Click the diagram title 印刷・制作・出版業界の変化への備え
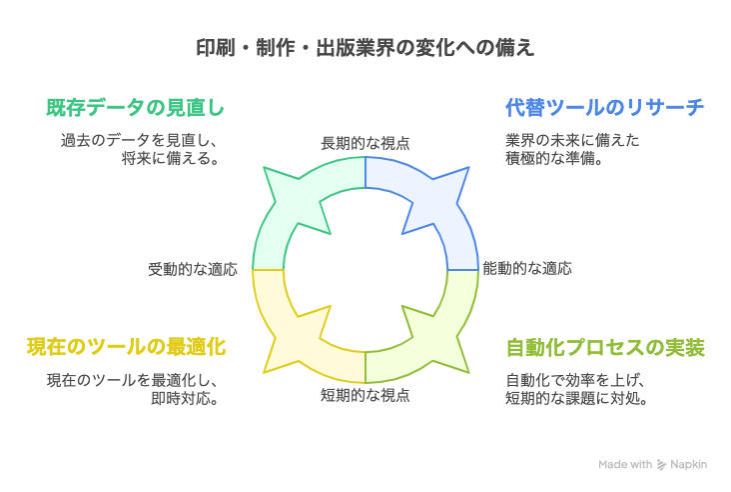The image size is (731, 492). (x=365, y=48)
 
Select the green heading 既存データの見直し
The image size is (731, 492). (x=135, y=107)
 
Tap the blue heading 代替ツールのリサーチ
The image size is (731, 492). (x=604, y=107)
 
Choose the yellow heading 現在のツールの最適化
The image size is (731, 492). (x=127, y=347)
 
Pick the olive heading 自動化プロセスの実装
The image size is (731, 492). (x=605, y=348)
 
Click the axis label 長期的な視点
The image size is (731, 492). (x=365, y=143)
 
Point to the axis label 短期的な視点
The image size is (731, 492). (x=365, y=395)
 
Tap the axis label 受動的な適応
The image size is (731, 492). (x=193, y=269)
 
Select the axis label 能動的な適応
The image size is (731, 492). (x=527, y=268)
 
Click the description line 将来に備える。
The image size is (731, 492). (x=171, y=158)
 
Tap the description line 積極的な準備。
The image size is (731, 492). (x=555, y=158)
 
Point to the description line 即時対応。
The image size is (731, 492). (x=185, y=398)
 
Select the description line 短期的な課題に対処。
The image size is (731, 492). (x=576, y=398)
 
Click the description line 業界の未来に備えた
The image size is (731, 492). (x=572, y=140)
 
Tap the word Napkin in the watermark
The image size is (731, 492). (x=689, y=464)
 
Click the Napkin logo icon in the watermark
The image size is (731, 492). (x=661, y=464)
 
